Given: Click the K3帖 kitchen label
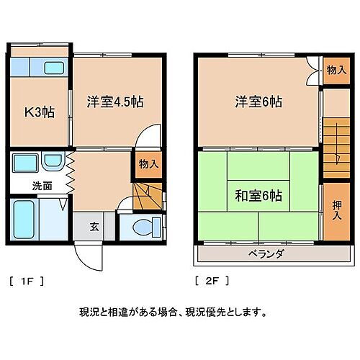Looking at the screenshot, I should pos(40,112).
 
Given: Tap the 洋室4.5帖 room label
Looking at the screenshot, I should pos(115,102).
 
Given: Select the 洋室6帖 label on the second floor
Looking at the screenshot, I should pos(257,102).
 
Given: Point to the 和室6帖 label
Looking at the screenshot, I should pos(257,195).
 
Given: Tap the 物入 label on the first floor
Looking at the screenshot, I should pos(148,165).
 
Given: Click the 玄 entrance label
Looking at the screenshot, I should pos(94,226).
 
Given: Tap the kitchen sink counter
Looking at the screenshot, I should pos(40,69).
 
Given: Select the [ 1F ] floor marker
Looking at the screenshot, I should pos(27,281).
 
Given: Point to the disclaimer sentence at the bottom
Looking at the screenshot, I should pos(173,312).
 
